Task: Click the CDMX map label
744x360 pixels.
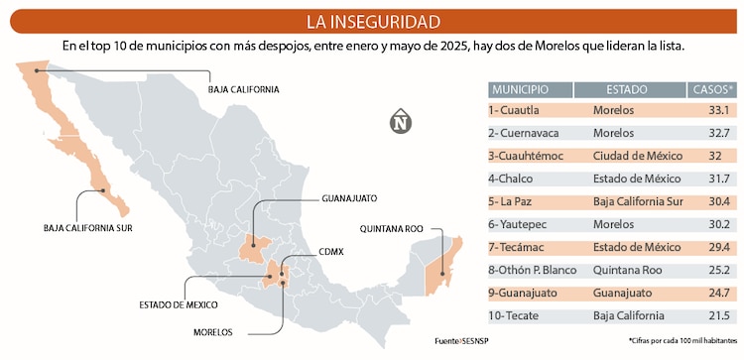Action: (x=331, y=252)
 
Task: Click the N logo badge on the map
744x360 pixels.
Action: (x=401, y=121)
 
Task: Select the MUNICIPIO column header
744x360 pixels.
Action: (x=527, y=89)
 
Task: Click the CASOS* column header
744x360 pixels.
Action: (x=712, y=89)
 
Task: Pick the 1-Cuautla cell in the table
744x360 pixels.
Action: (x=515, y=110)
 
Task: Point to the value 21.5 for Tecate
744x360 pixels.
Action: (x=719, y=315)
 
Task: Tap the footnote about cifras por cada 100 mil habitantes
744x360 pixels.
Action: (x=682, y=341)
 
